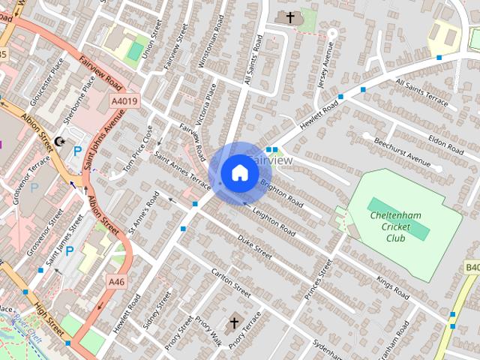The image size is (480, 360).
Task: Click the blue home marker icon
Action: tap(239, 172)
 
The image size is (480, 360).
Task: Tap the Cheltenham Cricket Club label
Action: tap(397, 226)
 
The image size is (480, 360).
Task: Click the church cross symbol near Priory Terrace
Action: tap(233, 323)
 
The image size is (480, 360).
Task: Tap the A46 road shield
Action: tap(115, 281)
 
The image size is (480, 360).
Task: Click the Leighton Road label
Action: tap(275, 222)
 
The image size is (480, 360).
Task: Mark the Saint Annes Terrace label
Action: tap(183, 171)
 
